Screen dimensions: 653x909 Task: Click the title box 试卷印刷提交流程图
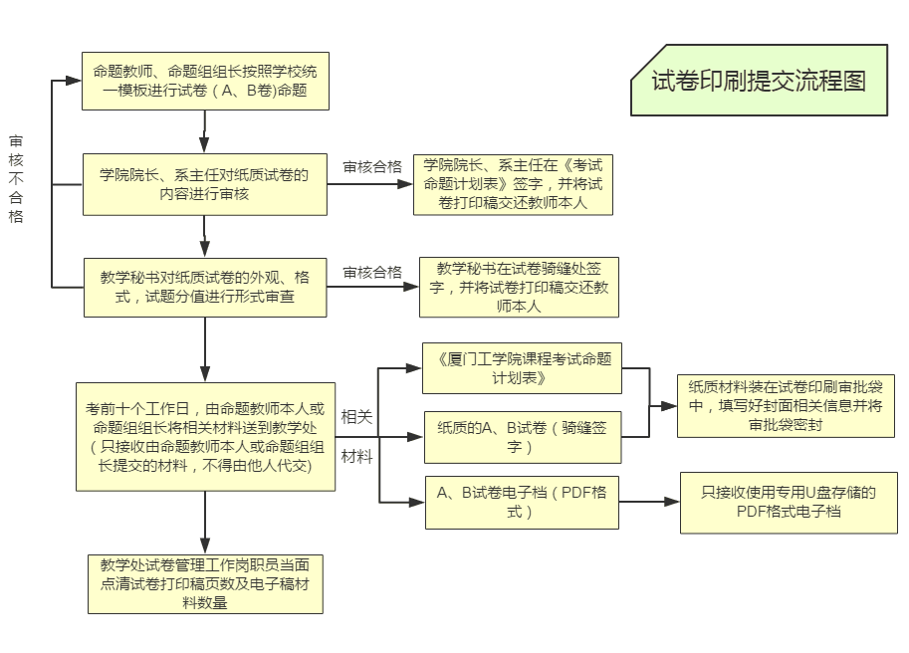pos(759,81)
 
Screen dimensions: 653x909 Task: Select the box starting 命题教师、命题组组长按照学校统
pos(204,81)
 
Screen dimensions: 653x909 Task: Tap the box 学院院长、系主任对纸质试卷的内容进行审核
pos(204,184)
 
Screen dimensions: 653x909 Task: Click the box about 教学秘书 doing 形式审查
pos(204,287)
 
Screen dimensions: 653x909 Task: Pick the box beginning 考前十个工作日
pos(204,436)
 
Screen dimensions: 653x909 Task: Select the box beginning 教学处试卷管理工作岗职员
pos(204,583)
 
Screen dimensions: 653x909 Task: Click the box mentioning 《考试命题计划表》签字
pos(513,184)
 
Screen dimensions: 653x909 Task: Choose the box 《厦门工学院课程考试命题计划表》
pos(522,367)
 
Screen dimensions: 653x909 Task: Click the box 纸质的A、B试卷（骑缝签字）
pos(522,436)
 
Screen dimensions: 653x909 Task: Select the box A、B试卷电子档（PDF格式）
pos(522,502)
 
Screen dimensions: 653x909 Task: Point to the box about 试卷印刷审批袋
pos(786,405)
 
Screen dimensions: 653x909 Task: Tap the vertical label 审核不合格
pos(16,179)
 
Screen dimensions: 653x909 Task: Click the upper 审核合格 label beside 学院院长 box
pos(372,167)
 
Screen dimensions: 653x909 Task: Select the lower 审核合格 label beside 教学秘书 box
pos(372,272)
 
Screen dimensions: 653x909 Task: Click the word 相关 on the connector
pos(356,417)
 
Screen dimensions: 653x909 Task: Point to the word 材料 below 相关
pos(356,457)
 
